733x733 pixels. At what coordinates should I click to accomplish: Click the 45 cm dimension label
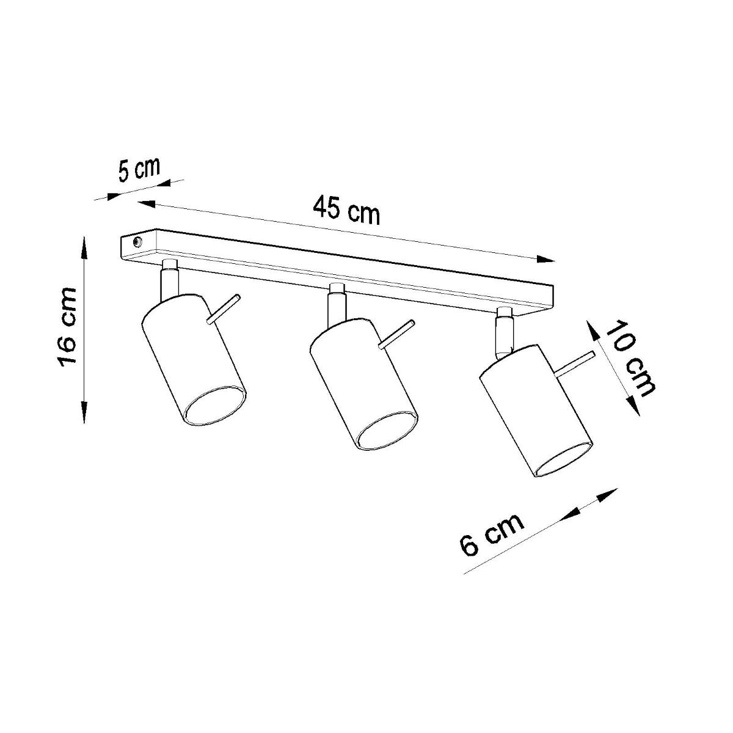point(346,211)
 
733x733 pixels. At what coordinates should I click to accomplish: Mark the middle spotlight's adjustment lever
point(396,334)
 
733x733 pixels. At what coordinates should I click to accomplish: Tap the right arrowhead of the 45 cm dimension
point(546,260)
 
